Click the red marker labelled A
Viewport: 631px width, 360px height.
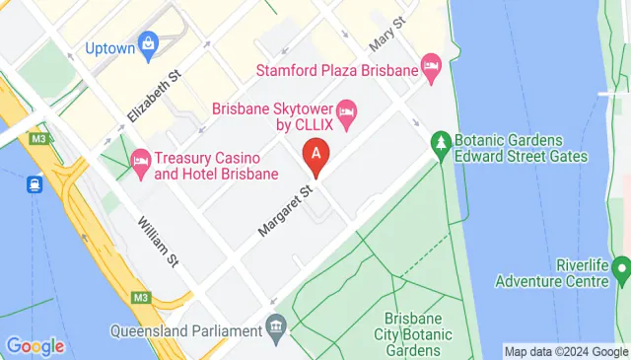[x=315, y=154]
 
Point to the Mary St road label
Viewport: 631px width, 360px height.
[x=387, y=36]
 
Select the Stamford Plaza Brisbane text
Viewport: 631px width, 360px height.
[x=336, y=69]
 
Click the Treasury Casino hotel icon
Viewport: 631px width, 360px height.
[x=139, y=159]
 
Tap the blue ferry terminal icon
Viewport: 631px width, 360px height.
[x=34, y=183]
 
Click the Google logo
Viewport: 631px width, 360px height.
[x=35, y=346]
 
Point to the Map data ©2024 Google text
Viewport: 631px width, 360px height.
[x=565, y=351]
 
